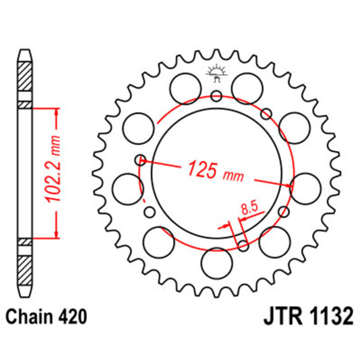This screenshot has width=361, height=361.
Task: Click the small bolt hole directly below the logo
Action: pyautogui.click(x=217, y=96)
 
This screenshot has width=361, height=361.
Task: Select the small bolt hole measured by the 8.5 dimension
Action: pyautogui.click(x=243, y=246)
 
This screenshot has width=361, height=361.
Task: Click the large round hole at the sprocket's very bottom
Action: pyautogui.click(x=216, y=264)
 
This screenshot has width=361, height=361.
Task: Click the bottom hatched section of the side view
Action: pyautogui.click(x=25, y=270)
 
